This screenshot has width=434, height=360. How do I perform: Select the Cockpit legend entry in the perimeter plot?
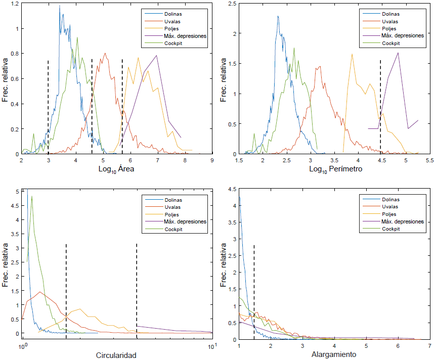(x=390, y=43)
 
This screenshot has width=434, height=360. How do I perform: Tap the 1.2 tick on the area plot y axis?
(x=15, y=4)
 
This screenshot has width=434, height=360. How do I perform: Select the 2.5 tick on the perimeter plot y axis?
(x=232, y=4)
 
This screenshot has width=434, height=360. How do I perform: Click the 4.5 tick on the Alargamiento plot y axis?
(x=232, y=190)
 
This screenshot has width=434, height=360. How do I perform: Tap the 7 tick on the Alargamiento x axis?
(x=429, y=346)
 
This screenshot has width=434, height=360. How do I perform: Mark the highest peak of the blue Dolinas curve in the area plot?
(x=60, y=6)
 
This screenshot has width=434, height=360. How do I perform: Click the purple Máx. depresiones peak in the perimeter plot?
(x=398, y=53)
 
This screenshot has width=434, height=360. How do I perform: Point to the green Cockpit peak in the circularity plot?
(x=31, y=197)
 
